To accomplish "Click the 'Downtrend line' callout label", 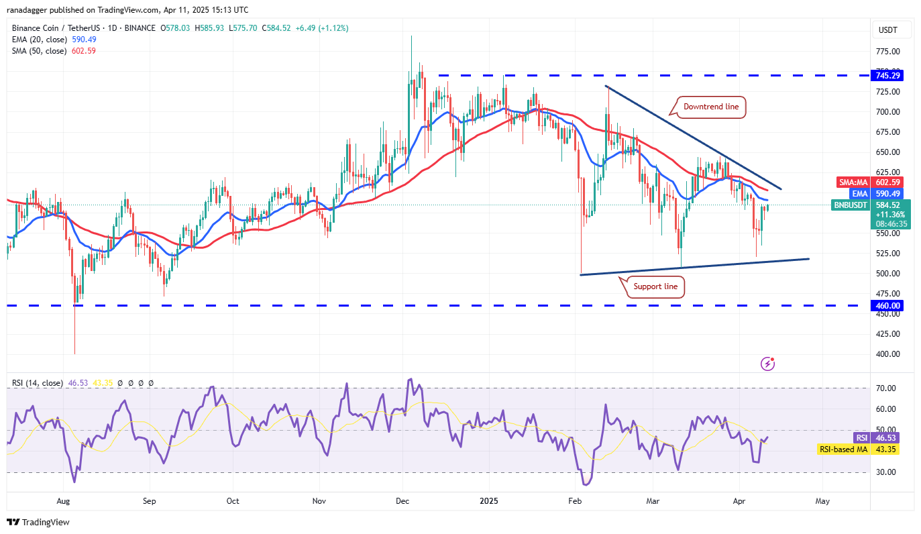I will pyautogui.click(x=710, y=107).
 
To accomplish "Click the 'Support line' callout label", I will pyautogui.click(x=656, y=287).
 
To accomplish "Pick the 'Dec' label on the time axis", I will pyautogui.click(x=403, y=500).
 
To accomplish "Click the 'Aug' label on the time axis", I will pyautogui.click(x=63, y=500).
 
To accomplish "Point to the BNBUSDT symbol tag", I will pyautogui.click(x=851, y=205).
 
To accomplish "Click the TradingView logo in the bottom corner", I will pyautogui.click(x=38, y=522).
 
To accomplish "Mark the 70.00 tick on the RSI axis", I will pyautogui.click(x=886, y=388).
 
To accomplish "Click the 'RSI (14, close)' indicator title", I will pyautogui.click(x=38, y=383).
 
